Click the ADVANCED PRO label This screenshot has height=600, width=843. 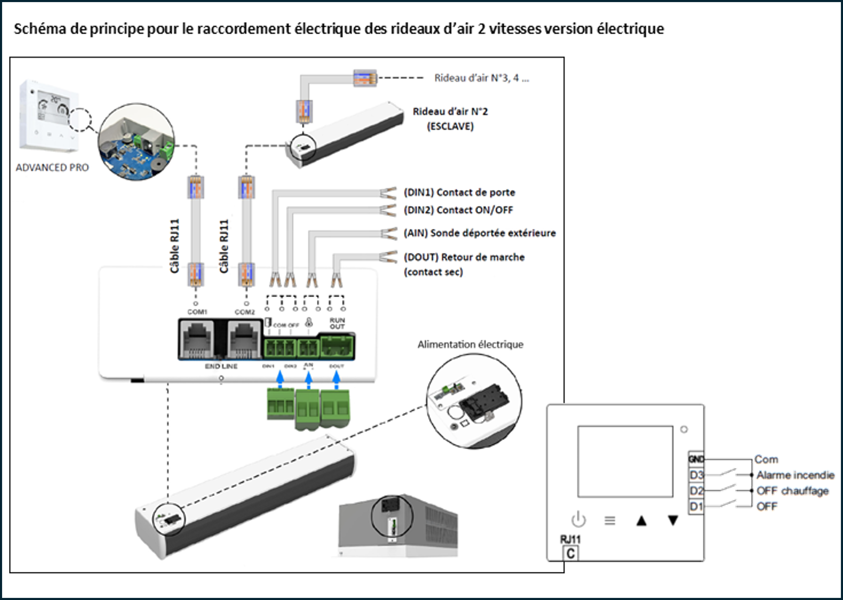pos(52,168)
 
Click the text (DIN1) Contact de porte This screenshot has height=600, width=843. pos(459,193)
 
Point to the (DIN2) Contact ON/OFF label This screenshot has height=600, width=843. pos(458,210)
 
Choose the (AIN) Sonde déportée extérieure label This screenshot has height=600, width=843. pos(479,233)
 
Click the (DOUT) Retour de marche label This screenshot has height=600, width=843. pos(464,257)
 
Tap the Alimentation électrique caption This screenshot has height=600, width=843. pos(470,344)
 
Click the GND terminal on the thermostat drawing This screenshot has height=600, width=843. pos(696,459)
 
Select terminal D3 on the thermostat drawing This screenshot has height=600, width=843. pos(696,475)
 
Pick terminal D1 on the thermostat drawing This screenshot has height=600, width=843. pos(696,506)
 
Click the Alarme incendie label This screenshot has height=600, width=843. pos(795,475)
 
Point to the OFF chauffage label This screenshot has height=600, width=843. pos(792,491)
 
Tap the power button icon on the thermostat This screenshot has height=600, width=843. pos(579,520)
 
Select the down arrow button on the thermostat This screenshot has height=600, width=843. pos(673,521)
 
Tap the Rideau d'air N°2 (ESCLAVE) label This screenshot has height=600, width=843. pos(450,119)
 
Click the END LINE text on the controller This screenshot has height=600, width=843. pos(221,366)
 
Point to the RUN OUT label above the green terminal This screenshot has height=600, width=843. pos(337,323)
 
